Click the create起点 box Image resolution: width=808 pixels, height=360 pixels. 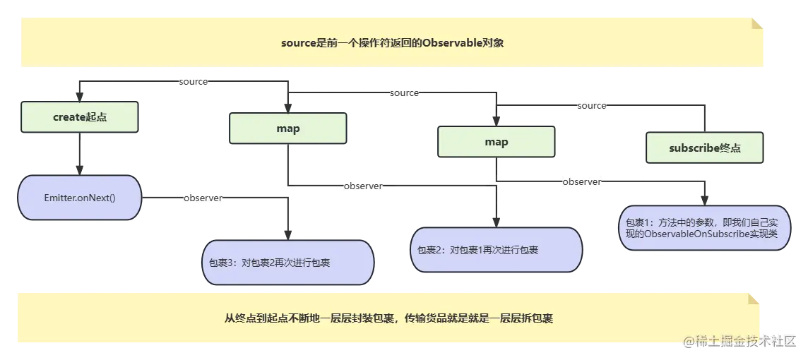click(x=80, y=117)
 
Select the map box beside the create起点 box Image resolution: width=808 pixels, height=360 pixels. click(x=287, y=128)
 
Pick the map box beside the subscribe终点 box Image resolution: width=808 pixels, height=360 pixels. click(x=496, y=142)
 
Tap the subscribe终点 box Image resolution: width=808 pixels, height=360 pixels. click(x=704, y=148)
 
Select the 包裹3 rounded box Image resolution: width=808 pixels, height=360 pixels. click(x=287, y=263)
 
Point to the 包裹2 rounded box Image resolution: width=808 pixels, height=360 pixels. click(x=496, y=250)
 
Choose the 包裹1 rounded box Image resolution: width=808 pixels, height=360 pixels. click(x=703, y=228)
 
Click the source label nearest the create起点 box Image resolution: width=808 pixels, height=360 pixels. click(x=193, y=82)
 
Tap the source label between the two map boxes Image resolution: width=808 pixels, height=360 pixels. click(x=405, y=93)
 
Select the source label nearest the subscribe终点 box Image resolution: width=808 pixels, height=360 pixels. click(x=592, y=106)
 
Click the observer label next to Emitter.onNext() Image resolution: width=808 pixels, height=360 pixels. click(x=203, y=198)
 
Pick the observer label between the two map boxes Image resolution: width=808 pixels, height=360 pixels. click(x=362, y=186)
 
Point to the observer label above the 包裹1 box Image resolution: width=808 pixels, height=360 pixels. click(x=582, y=182)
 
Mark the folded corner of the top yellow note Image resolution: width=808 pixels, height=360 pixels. click(x=757, y=25)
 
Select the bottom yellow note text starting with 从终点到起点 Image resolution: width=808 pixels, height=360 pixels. click(x=388, y=318)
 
